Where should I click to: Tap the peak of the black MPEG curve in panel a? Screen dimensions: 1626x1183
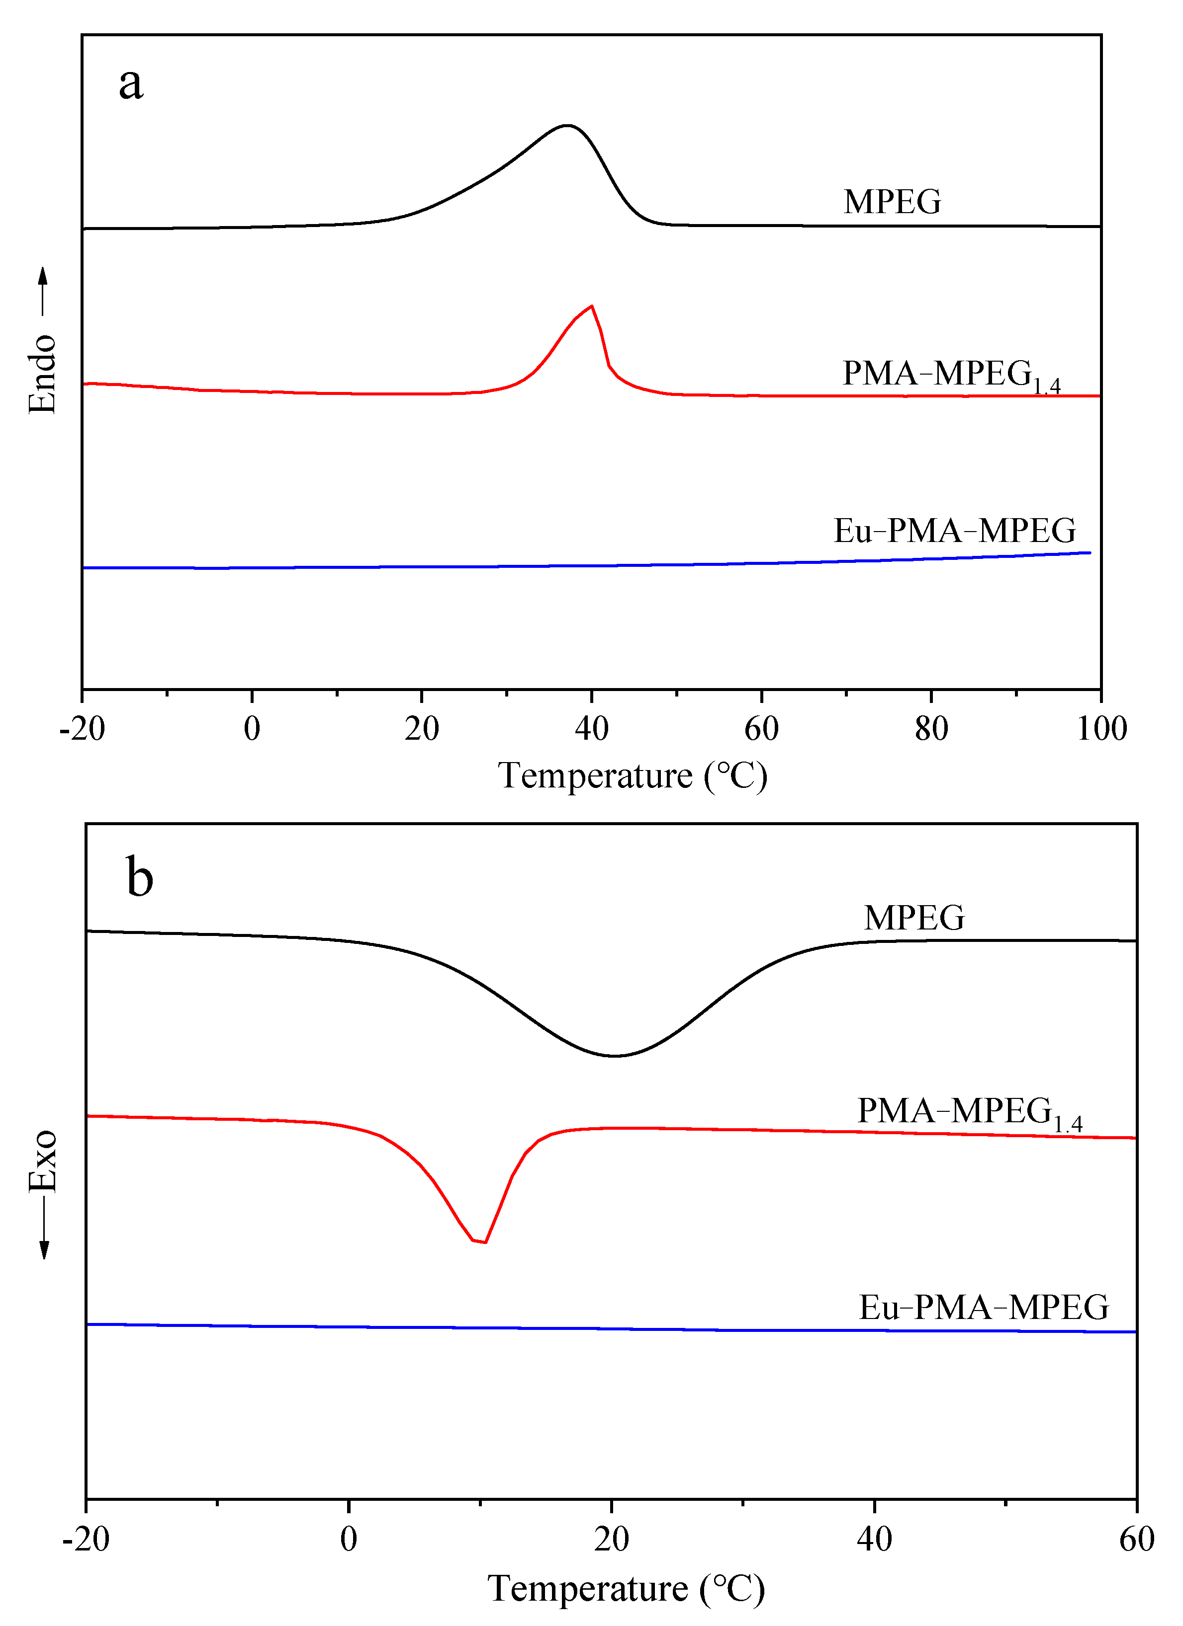(x=567, y=126)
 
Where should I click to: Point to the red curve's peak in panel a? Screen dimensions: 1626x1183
(x=591, y=306)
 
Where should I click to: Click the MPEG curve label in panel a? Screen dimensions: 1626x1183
(x=892, y=202)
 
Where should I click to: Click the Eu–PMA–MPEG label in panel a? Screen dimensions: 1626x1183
(x=954, y=531)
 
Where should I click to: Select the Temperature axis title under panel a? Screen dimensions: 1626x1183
(x=633, y=775)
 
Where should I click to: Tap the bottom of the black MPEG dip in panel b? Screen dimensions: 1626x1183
(x=614, y=1055)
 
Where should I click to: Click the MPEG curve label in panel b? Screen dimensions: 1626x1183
(x=914, y=919)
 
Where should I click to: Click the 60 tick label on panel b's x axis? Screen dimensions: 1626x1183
(x=1136, y=1539)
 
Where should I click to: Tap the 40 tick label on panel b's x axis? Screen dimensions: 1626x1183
(x=874, y=1539)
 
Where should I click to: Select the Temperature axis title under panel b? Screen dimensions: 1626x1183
(x=626, y=1589)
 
